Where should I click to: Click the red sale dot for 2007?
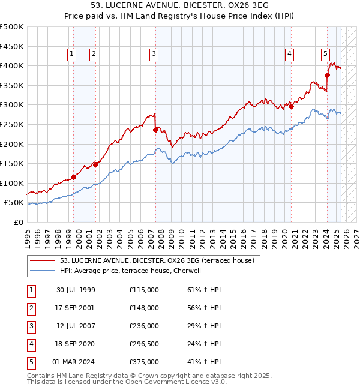coord(155,129)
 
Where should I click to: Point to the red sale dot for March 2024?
coord(328,75)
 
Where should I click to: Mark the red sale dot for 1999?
coord(74,177)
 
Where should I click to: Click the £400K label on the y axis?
coord(12,65)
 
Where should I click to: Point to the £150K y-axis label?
coord(12,163)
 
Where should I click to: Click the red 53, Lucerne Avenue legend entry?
coord(157,260)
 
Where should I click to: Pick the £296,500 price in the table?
coord(144,344)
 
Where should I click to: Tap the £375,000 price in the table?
coord(144,362)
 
